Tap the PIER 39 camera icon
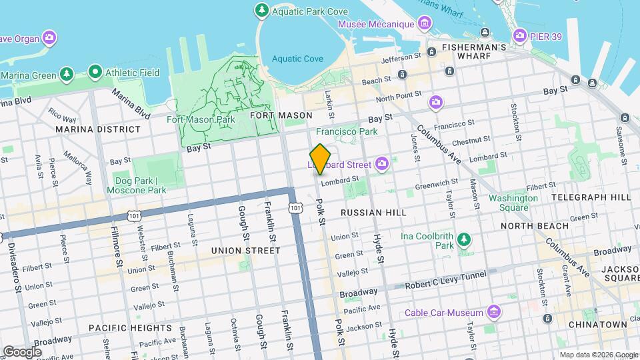tap(519, 35)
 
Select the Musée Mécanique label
tap(376, 24)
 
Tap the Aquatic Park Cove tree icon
tap(261, 10)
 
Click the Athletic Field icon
tap(95, 71)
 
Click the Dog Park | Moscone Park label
tap(137, 185)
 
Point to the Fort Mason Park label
tap(201, 120)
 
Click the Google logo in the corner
tap(22, 351)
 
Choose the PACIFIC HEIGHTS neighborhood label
tap(130, 328)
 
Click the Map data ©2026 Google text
tap(598, 355)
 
